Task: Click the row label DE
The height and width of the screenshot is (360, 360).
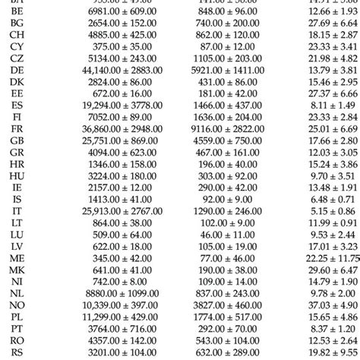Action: [17, 92]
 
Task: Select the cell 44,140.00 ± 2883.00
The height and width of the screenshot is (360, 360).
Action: [91, 92]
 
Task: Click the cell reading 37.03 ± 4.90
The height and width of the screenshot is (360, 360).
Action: [327, 305]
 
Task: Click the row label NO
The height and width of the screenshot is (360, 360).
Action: [17, 305]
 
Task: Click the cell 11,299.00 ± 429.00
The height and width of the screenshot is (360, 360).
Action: [91, 317]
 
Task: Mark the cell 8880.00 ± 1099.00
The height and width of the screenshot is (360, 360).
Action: [91, 292]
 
